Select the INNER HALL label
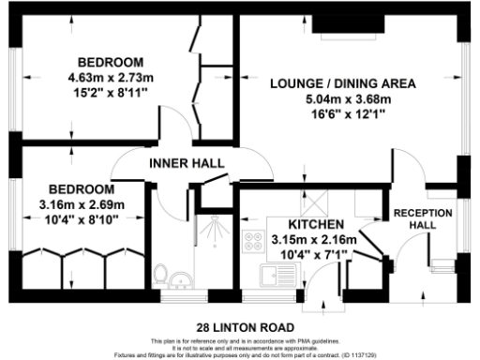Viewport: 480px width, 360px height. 187,163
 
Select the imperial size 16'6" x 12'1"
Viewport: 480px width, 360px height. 342,113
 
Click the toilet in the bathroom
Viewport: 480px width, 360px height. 160,277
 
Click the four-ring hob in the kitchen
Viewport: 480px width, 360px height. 252,241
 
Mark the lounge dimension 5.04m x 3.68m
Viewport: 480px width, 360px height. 342,98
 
